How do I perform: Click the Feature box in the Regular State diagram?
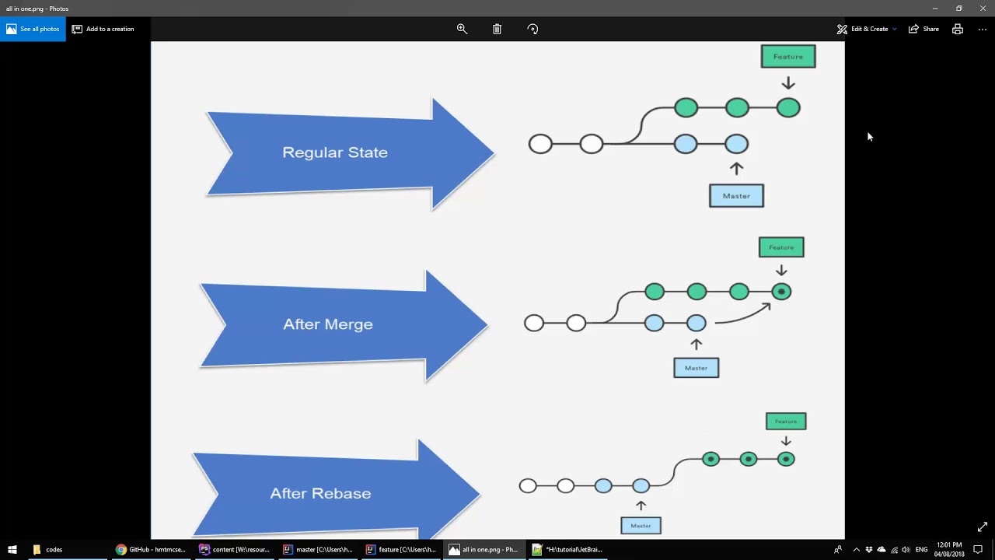(788, 57)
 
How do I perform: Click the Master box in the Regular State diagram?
(736, 196)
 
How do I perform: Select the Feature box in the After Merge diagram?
(781, 247)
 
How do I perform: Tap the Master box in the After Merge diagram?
(696, 368)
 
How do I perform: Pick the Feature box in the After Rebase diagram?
(786, 422)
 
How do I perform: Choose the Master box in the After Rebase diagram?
(641, 526)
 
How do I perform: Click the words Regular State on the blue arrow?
(334, 152)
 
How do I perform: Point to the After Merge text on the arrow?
(327, 324)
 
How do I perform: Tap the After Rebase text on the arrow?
(320, 493)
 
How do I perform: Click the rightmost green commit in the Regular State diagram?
(788, 108)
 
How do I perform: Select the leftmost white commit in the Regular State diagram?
(540, 144)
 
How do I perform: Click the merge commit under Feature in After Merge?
(781, 292)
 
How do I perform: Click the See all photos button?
(33, 29)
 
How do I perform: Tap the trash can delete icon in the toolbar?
(497, 29)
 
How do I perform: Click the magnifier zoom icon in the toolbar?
(462, 29)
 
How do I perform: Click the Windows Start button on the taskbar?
(12, 549)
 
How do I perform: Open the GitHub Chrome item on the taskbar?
(151, 549)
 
